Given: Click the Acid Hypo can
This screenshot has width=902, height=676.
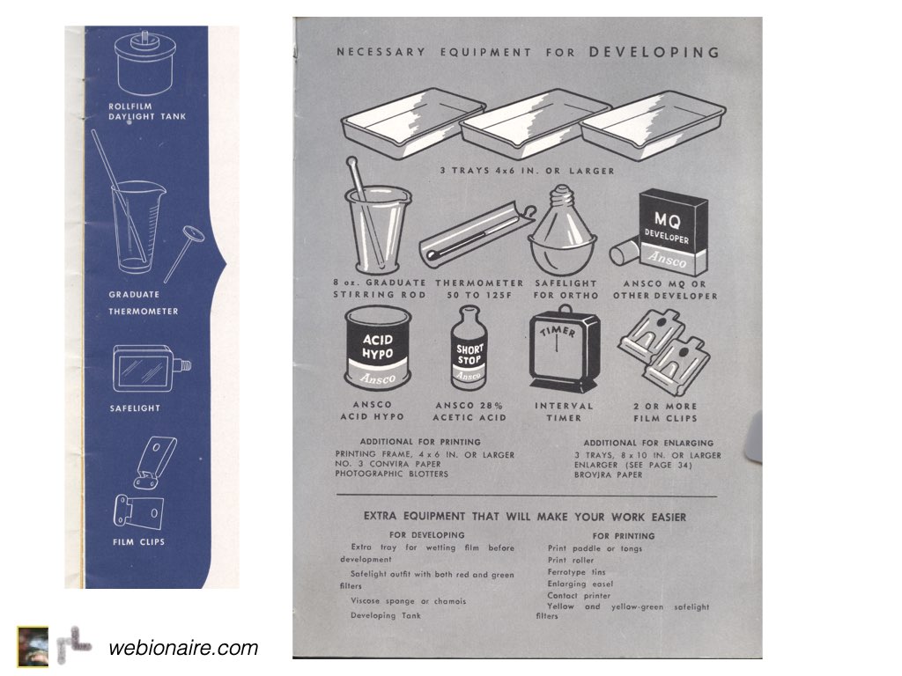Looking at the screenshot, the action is [x=378, y=349].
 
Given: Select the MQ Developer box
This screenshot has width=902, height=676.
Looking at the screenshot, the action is [x=673, y=232].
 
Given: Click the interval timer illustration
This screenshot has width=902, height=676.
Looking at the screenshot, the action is [x=564, y=349].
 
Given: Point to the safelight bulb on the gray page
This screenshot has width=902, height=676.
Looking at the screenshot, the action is [x=562, y=231].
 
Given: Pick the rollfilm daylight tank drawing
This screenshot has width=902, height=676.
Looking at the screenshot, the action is [x=144, y=63].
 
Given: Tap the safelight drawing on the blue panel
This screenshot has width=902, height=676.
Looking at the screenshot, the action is [x=151, y=369].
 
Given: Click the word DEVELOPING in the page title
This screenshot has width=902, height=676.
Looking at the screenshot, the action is [x=654, y=52].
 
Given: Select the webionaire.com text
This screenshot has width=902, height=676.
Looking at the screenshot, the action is [x=183, y=648].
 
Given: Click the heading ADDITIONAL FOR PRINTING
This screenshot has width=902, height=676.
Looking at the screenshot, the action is [x=420, y=442].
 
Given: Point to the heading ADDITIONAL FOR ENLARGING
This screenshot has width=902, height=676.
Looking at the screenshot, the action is [x=648, y=444].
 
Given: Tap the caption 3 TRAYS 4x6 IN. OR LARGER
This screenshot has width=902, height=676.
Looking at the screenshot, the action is [x=528, y=171].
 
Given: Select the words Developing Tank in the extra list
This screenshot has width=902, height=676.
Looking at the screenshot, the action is [x=386, y=615].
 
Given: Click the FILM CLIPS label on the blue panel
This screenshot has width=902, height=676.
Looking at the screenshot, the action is [x=138, y=541].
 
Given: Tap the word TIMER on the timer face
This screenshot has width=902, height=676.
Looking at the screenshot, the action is [x=557, y=332].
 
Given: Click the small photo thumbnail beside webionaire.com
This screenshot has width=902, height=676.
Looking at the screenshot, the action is [x=33, y=647].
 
